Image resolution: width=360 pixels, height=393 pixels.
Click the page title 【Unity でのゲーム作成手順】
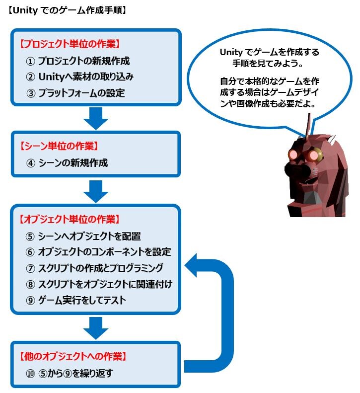point(67,10)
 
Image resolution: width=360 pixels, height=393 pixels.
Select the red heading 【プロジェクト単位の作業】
point(70,44)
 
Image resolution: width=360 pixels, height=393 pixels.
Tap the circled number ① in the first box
point(30,61)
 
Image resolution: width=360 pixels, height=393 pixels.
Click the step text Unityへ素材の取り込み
point(86,77)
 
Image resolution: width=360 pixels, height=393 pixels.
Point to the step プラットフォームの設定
point(81,93)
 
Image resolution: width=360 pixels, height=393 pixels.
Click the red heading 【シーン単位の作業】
point(59,146)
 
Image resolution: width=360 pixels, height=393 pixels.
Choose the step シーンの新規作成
point(73,163)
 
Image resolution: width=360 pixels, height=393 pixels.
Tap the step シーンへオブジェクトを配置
point(89,236)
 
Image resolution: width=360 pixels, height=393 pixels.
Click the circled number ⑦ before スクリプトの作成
point(30,268)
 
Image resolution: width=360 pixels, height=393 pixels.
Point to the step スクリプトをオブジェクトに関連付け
point(105,284)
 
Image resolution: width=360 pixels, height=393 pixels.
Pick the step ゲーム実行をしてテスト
point(82,300)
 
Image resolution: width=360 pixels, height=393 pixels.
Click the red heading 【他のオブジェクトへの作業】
point(73,356)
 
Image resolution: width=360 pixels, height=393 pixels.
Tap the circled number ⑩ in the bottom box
point(30,374)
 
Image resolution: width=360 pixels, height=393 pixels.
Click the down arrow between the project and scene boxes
point(96,118)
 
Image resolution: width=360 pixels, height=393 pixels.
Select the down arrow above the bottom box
point(96,328)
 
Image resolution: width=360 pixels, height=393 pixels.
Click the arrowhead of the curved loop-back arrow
point(192,265)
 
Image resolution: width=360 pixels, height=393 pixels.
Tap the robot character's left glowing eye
point(292,155)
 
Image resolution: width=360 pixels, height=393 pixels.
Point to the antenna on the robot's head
point(308,125)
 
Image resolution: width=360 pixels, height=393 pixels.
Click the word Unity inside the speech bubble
point(231,52)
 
